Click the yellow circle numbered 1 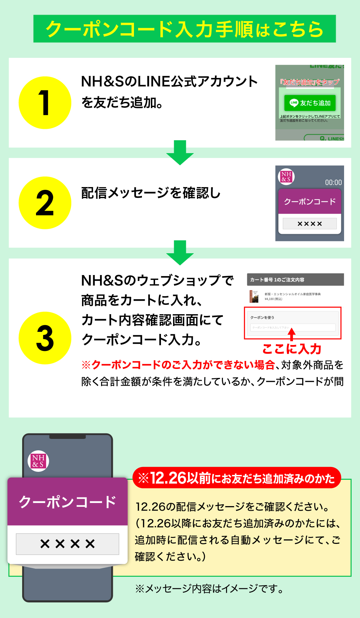pyautogui.click(x=45, y=103)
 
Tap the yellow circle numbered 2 pyautogui.click(x=45, y=203)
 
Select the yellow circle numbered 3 pyautogui.click(x=45, y=338)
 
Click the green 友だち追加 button pyautogui.click(x=310, y=103)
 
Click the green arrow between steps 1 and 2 pyautogui.click(x=180, y=152)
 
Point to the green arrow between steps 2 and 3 pyautogui.click(x=180, y=253)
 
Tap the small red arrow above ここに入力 pyautogui.click(x=292, y=334)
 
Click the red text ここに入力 pyautogui.click(x=292, y=349)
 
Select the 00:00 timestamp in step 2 pyautogui.click(x=333, y=183)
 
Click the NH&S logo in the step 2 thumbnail pyautogui.click(x=286, y=176)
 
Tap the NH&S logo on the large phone pyautogui.click(x=38, y=461)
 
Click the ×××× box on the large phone pyautogui.click(x=67, y=544)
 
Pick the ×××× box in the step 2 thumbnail pyautogui.click(x=309, y=224)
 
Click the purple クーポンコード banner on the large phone pyautogui.click(x=67, y=502)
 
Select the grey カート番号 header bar pyautogui.click(x=295, y=280)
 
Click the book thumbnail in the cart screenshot pyautogui.click(x=254, y=296)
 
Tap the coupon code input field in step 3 pyautogui.click(x=292, y=327)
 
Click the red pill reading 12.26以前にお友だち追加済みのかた pyautogui.click(x=237, y=478)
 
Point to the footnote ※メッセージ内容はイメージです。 pyautogui.click(x=209, y=589)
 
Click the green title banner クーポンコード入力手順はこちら pyautogui.click(x=184, y=29)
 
